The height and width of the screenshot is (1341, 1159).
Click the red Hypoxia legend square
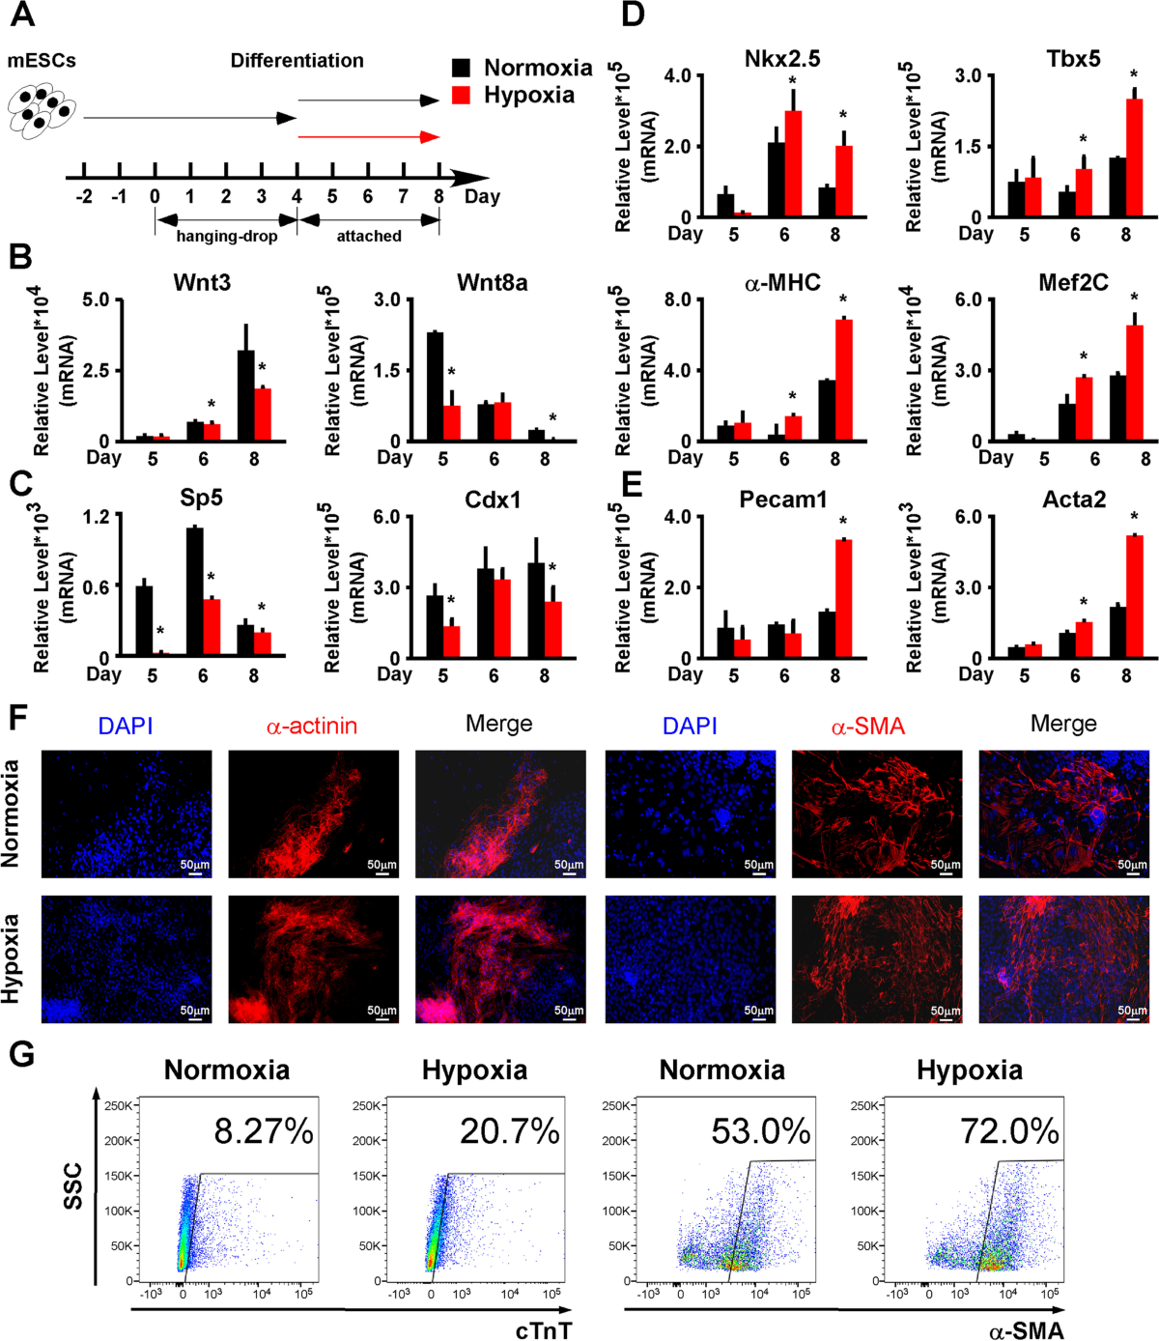click(462, 96)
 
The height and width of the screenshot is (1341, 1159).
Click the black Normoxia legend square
click(462, 68)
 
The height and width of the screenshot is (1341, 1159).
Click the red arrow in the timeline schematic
click(368, 137)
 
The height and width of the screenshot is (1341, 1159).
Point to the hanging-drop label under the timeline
click(226, 235)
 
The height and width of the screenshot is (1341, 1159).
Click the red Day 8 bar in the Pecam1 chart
click(843, 598)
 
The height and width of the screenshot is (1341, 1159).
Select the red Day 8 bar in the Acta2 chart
click(1134, 596)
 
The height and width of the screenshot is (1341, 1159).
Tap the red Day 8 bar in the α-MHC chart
click(843, 380)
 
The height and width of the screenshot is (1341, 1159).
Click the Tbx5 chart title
click(1072, 59)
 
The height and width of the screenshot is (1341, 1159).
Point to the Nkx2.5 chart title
click(782, 59)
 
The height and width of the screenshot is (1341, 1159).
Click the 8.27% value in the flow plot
click(264, 1130)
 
